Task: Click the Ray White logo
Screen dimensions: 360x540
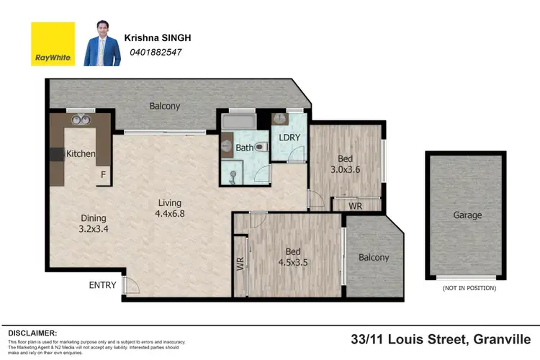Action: coord(52,44)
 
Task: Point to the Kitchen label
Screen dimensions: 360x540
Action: coord(81,153)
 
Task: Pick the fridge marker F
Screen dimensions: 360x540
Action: coord(103,174)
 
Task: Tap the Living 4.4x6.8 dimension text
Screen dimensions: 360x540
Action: coord(171,208)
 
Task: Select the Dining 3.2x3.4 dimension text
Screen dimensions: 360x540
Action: coord(94,224)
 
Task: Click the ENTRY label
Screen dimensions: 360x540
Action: coord(102,285)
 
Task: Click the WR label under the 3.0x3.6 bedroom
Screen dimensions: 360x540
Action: coord(355,207)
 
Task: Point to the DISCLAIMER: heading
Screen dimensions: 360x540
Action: coord(32,333)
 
